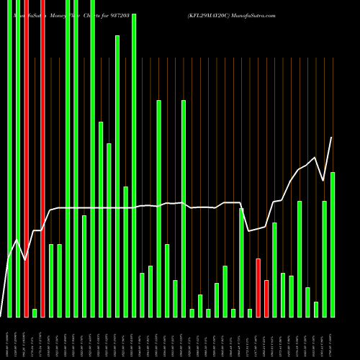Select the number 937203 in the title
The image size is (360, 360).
[133, 14]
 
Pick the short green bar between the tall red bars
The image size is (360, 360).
[35, 312]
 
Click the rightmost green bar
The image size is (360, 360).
[333, 244]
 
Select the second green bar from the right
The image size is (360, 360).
[325, 258]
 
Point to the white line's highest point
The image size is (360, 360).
[331, 138]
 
